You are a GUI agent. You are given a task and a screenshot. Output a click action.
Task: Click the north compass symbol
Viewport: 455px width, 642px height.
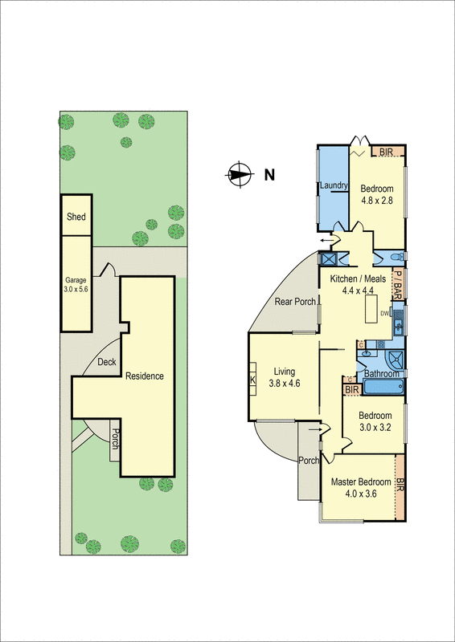click(239, 173)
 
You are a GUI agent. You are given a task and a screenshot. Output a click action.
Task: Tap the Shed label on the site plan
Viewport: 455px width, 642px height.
click(76, 217)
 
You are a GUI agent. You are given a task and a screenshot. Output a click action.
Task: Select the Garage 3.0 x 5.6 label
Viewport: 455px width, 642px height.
click(76, 286)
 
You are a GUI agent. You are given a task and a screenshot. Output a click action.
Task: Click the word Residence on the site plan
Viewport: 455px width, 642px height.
click(145, 376)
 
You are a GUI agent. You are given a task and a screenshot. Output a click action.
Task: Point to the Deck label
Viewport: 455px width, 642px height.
click(107, 362)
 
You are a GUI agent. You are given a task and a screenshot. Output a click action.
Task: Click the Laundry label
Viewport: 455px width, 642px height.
click(334, 186)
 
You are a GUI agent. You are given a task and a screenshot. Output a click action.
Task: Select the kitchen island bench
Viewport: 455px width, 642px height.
click(371, 308)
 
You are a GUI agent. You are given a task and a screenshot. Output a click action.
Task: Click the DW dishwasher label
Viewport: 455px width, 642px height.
click(384, 313)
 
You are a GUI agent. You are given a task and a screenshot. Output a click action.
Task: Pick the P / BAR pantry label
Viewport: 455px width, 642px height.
click(397, 282)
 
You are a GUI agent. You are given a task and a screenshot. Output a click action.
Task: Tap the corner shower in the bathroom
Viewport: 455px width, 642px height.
click(396, 359)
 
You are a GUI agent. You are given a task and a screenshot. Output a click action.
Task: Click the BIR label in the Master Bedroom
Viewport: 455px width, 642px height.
click(400, 486)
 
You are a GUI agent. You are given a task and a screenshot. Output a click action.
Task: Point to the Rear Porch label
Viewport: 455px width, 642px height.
click(294, 302)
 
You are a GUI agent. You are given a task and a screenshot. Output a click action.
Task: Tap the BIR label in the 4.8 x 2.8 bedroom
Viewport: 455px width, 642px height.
click(387, 152)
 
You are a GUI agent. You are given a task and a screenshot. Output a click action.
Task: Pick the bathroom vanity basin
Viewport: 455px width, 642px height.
click(367, 352)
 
